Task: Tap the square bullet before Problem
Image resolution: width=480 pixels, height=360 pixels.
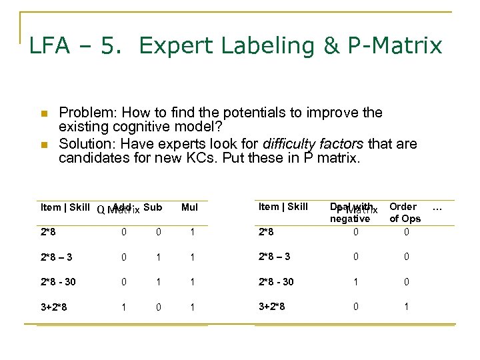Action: click(44, 113)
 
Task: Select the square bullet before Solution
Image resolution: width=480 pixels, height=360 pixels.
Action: click(44, 145)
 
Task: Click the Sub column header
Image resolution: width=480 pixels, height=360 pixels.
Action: click(153, 207)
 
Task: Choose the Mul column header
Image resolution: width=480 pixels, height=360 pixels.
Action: click(190, 207)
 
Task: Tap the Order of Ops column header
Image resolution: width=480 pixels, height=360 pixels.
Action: click(405, 213)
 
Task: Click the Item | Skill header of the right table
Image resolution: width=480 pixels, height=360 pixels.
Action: click(283, 207)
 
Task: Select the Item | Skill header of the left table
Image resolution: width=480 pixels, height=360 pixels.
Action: click(65, 207)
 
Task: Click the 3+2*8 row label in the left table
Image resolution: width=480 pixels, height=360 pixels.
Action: click(54, 307)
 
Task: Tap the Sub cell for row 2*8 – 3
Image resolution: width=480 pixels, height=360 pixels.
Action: click(158, 257)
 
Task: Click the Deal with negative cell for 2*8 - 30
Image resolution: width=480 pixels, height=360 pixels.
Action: click(355, 281)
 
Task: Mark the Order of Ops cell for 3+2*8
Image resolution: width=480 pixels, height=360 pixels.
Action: click(406, 307)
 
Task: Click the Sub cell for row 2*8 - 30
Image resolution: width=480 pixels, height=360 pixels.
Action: click(158, 281)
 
